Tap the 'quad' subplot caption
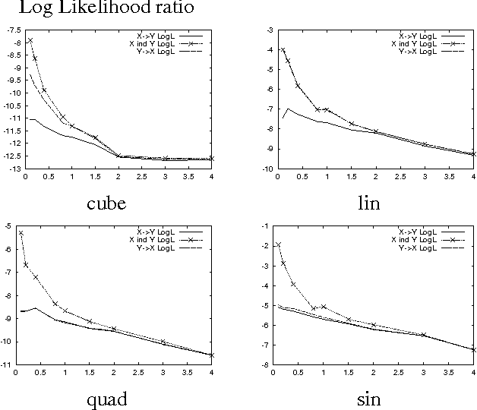click(x=106, y=399)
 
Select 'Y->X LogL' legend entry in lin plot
click(x=416, y=51)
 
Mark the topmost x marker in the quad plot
click(x=21, y=233)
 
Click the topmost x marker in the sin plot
click(x=279, y=244)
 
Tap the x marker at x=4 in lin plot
click(x=473, y=154)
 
